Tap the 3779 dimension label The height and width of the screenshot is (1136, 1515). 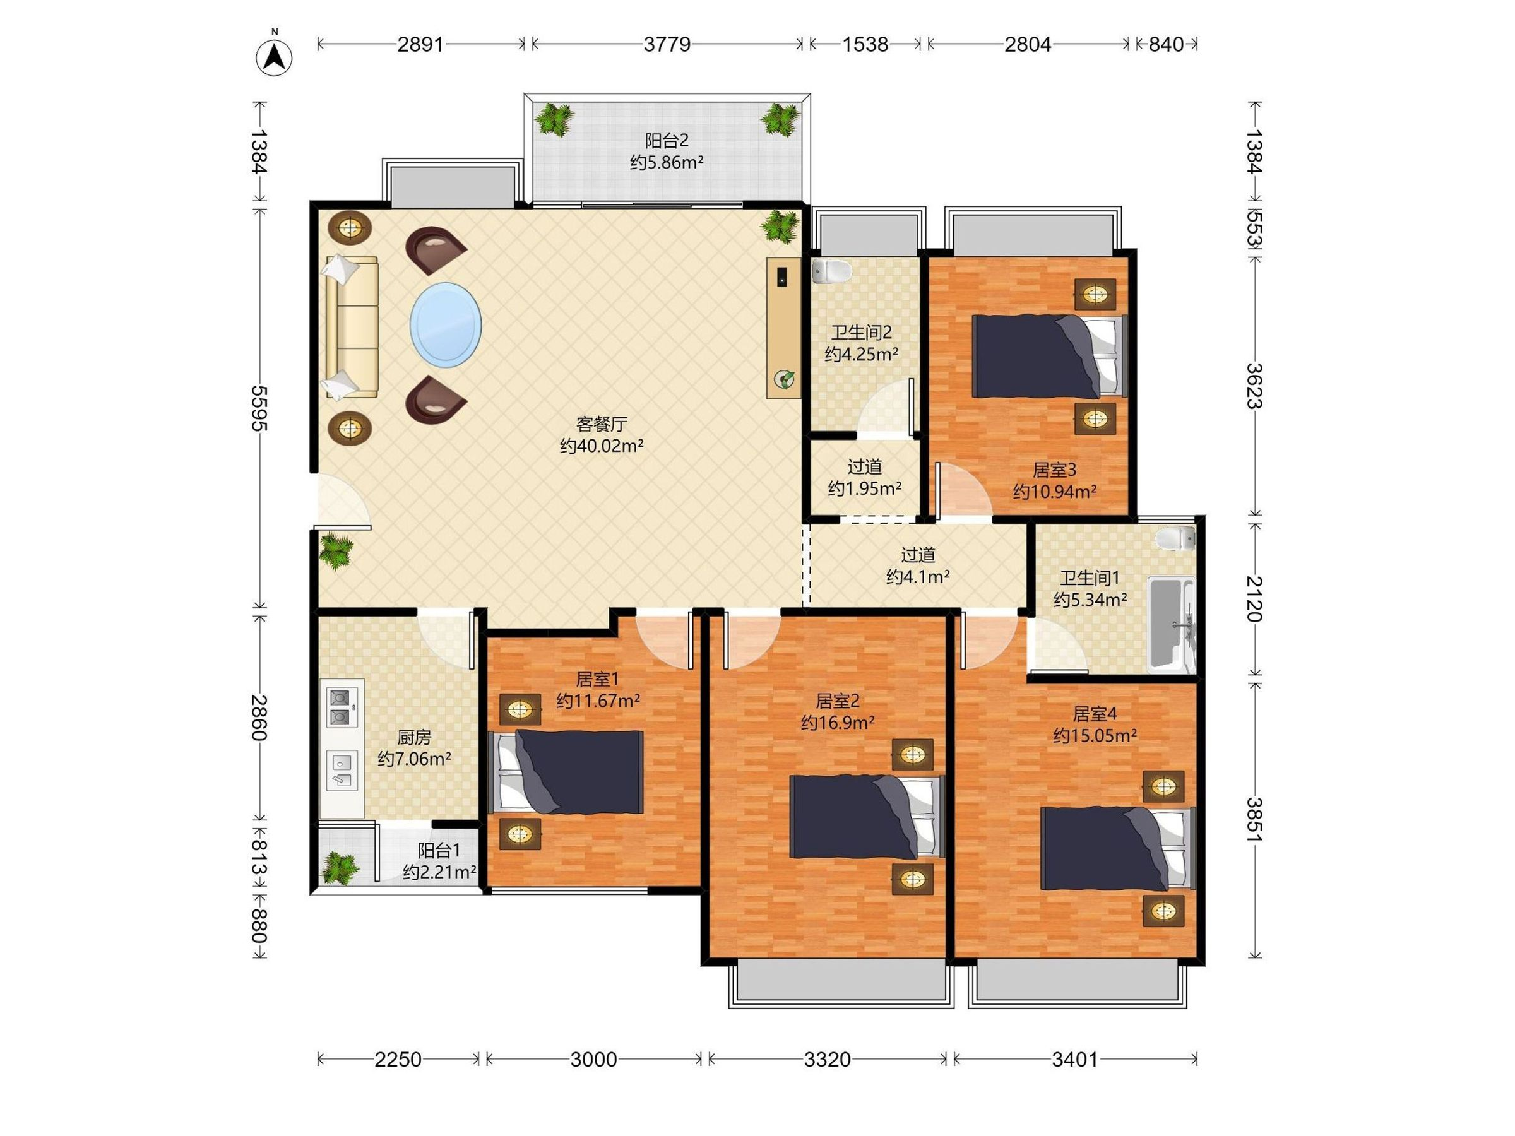(x=667, y=45)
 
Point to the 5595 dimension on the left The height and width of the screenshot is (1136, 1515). (x=259, y=408)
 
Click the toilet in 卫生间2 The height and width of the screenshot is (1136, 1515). (x=831, y=271)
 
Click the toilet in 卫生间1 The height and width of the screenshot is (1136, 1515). (x=1175, y=538)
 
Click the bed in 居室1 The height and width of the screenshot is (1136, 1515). (x=566, y=772)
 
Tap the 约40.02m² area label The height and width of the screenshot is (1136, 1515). (x=602, y=446)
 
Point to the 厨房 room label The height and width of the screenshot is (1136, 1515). (x=414, y=738)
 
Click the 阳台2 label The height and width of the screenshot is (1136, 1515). (x=667, y=141)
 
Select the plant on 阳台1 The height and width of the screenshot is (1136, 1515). (x=340, y=868)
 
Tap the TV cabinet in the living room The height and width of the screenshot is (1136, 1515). (x=783, y=328)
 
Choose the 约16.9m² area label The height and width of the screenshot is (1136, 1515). (x=838, y=723)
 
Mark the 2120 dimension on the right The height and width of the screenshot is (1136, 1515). (x=1254, y=598)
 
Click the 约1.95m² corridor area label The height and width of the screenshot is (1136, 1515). (x=864, y=488)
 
